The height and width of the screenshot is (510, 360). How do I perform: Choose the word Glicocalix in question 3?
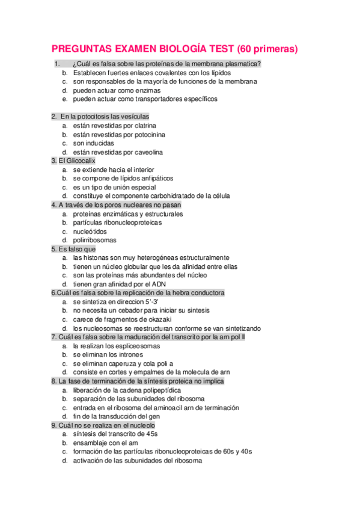point(78,161)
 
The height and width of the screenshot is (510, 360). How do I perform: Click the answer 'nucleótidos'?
point(90,231)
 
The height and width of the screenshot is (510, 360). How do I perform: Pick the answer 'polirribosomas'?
point(95,240)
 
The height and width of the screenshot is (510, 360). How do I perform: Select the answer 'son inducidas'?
point(94,143)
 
